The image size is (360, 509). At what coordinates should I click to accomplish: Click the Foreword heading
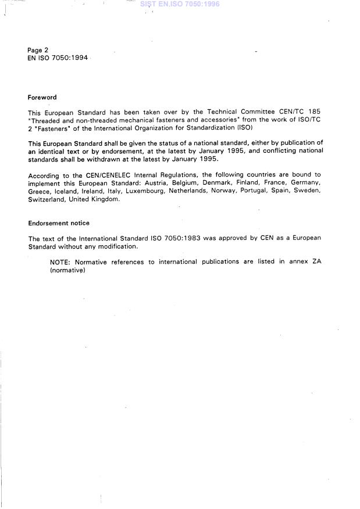(42, 98)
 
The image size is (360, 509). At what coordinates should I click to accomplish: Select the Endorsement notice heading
(59, 223)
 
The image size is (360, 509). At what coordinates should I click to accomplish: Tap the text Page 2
(38, 51)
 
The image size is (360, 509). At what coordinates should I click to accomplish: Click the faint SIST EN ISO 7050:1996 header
(180, 4)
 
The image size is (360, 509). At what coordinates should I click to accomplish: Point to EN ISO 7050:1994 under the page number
(58, 59)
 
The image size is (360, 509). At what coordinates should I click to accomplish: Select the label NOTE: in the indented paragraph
(60, 262)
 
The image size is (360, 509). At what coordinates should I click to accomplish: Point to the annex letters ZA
(316, 262)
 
